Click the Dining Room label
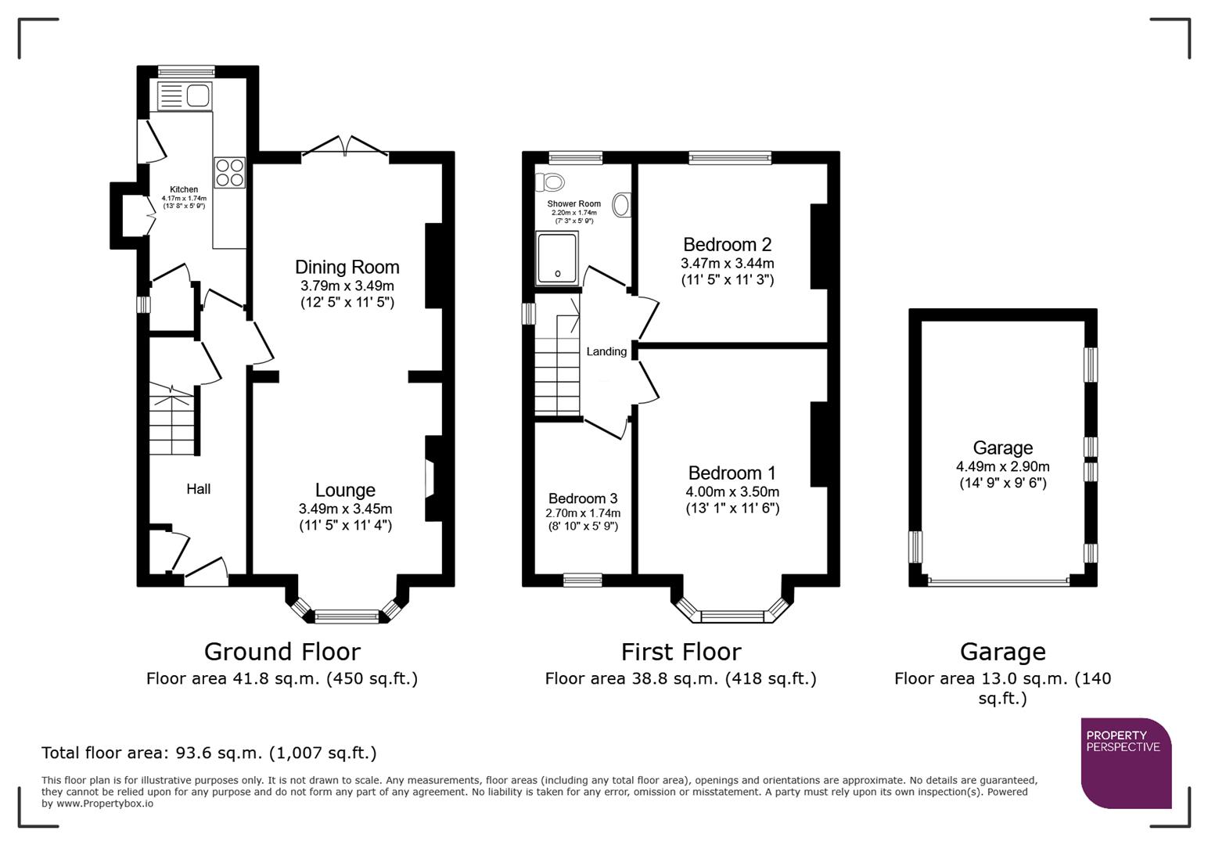[347, 268]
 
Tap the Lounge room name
[345, 491]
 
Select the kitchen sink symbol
[185, 96]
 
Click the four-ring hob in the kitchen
[229, 173]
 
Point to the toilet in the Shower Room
[551, 183]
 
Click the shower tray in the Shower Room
[557, 257]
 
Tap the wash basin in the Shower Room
[622, 205]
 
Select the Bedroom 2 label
[727, 245]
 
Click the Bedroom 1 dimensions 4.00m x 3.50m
[732, 492]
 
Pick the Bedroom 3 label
[582, 499]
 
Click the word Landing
[606, 352]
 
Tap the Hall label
[198, 489]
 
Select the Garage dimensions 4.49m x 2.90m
[1002, 466]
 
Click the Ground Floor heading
[282, 652]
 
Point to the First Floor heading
[681, 652]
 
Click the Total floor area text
[209, 753]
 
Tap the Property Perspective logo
[1125, 762]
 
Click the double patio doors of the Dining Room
[345, 149]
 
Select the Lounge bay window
[346, 615]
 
